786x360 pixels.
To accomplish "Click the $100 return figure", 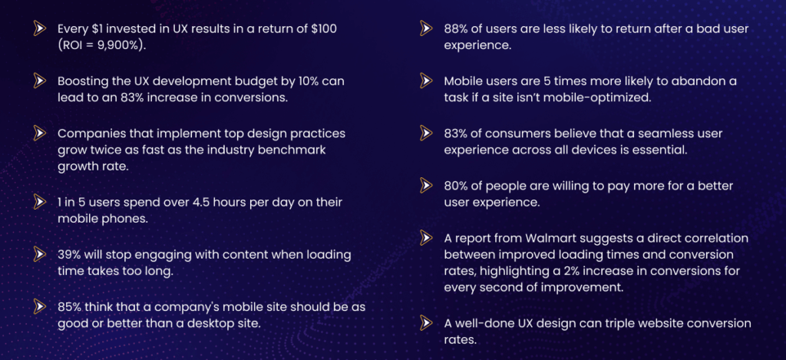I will click(x=325, y=28).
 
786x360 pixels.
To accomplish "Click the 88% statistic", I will click(x=458, y=28).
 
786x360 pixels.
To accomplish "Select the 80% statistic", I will click(x=458, y=186).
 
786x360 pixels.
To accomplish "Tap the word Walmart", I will click(x=538, y=238).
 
